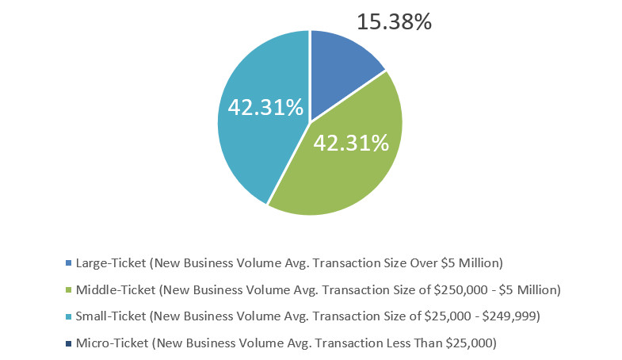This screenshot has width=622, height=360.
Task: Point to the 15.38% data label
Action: point(394,21)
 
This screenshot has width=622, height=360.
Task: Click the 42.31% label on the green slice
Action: point(351,143)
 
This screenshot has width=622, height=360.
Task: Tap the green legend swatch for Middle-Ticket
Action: point(69,289)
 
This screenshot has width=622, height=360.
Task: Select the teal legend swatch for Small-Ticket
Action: point(69,316)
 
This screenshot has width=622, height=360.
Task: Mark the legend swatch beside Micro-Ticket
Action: point(69,343)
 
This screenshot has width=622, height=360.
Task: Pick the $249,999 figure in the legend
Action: point(510,316)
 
